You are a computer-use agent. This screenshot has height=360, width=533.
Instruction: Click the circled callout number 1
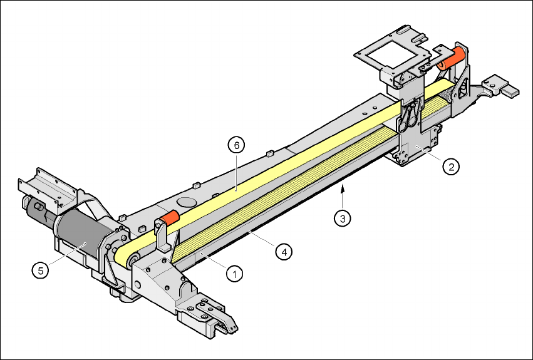tap(234, 274)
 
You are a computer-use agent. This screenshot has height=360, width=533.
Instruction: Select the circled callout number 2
tap(451, 167)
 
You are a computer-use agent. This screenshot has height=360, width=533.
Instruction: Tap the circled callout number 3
tap(343, 219)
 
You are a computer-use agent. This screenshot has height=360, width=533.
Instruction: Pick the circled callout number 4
tap(284, 252)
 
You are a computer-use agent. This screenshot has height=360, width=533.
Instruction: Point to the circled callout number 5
tap(41, 271)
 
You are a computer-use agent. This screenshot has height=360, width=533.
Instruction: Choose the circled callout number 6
tap(236, 145)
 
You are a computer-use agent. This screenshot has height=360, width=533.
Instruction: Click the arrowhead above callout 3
tap(343, 187)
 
